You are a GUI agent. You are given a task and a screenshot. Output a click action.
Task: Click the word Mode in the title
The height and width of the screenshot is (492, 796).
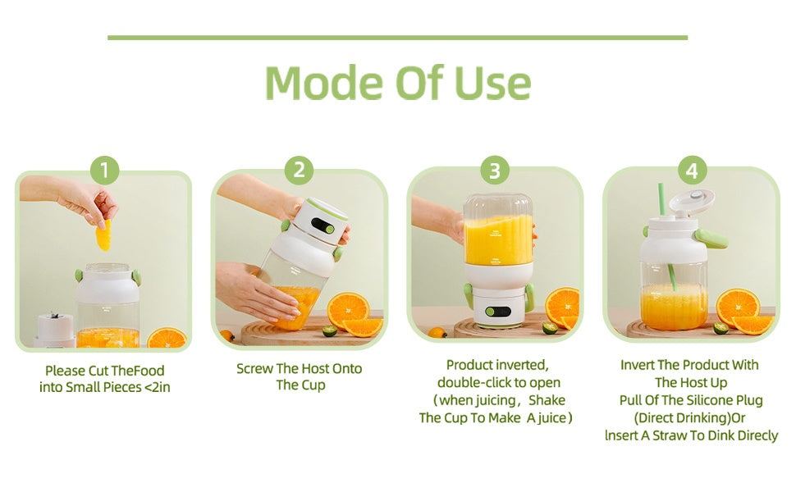tap(323, 82)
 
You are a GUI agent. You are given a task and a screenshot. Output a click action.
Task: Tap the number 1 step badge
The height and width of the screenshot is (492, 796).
tap(104, 171)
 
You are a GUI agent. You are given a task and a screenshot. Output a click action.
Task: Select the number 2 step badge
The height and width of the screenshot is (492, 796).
tap(299, 170)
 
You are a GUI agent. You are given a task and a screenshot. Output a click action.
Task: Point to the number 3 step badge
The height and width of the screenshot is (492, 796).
tap(495, 171)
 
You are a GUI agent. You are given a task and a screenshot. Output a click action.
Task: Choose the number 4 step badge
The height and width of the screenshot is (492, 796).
tap(692, 171)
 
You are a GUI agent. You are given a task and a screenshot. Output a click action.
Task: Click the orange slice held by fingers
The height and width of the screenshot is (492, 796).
tap(103, 234)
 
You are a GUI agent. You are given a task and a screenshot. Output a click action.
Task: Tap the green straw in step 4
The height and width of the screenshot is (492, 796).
tap(666, 236)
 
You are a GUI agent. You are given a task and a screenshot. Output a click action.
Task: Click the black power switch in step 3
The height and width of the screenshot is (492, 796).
tap(498, 312)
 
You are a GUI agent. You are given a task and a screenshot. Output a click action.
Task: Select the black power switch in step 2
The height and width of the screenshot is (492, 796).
tap(323, 226)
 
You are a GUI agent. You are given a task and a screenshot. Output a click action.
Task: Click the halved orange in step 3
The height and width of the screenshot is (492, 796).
tap(562, 307)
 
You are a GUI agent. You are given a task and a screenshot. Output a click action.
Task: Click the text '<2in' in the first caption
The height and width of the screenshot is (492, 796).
tap(157, 388)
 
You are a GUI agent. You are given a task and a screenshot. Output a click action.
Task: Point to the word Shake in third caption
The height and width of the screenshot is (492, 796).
tap(547, 400)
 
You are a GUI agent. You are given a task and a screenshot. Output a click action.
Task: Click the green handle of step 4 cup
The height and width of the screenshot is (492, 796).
tap(711, 238)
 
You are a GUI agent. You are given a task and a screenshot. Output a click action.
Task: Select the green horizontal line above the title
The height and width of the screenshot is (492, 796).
tap(397, 38)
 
